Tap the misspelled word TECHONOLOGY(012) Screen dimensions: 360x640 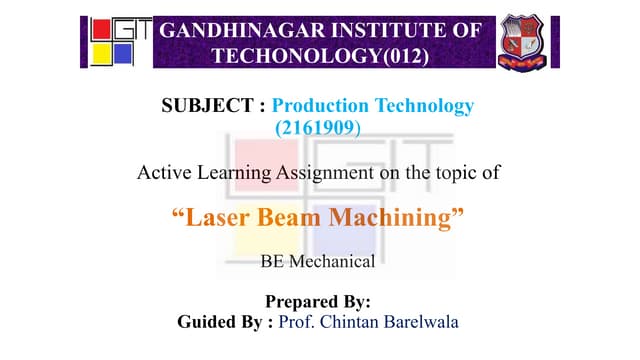(x=321, y=56)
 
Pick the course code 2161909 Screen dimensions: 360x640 (x=318, y=128)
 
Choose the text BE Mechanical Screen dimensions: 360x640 (x=317, y=263)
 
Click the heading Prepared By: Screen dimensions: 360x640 (x=318, y=301)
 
